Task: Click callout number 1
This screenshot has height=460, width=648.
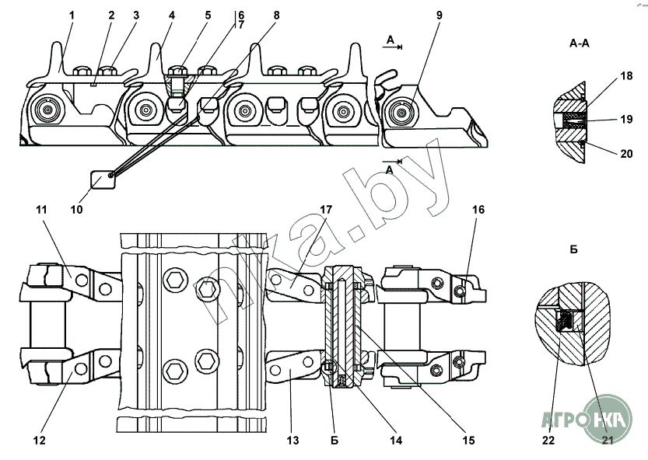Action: [x=72, y=16]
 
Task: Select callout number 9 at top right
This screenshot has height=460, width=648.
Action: [x=439, y=16]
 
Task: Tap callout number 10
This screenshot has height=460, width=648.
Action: [x=76, y=209]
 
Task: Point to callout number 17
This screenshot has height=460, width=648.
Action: [x=326, y=210]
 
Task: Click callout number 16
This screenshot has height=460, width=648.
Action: [x=478, y=210]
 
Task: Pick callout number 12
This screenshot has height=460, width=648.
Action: [x=39, y=441]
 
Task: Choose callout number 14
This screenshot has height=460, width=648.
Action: [x=396, y=441]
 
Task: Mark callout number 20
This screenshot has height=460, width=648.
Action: [x=626, y=154]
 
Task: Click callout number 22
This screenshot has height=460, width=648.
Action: [x=548, y=441]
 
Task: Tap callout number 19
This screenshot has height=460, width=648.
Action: [x=626, y=120]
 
